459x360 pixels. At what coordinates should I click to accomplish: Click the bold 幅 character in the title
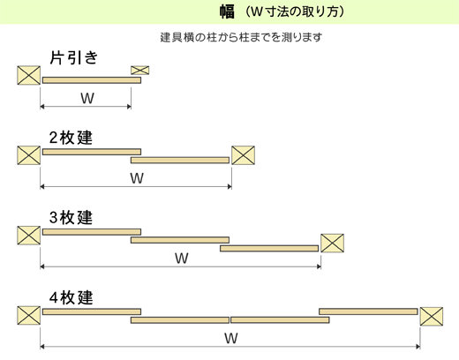point(227,12)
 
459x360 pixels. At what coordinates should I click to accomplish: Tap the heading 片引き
point(73,57)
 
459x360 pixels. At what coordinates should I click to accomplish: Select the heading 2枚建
point(71,138)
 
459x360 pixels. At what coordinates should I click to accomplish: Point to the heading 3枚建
point(71,218)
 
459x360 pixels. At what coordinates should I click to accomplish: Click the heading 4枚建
point(71,297)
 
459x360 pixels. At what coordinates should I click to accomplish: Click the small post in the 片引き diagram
point(140,71)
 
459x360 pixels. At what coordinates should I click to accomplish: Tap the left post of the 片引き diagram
point(28,75)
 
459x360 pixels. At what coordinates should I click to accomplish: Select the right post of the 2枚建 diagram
point(243,155)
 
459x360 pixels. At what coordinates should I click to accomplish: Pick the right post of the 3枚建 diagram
point(332,243)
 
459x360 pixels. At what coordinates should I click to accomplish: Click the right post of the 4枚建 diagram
point(432,316)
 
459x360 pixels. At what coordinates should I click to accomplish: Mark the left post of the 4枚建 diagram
point(28,315)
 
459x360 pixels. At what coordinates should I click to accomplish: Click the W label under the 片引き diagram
point(87,98)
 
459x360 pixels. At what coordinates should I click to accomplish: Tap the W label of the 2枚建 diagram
point(137,178)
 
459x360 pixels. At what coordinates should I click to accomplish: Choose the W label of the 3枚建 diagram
point(182,259)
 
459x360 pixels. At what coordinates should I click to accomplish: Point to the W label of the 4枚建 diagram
point(231,338)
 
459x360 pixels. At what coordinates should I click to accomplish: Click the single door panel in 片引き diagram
point(92,80)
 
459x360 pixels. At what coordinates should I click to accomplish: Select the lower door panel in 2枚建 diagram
point(180,160)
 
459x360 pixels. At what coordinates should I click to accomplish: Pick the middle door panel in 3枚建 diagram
point(180,240)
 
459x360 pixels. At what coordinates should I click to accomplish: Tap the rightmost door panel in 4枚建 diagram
point(368,311)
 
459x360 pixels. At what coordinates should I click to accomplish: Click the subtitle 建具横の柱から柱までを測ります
point(241,37)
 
